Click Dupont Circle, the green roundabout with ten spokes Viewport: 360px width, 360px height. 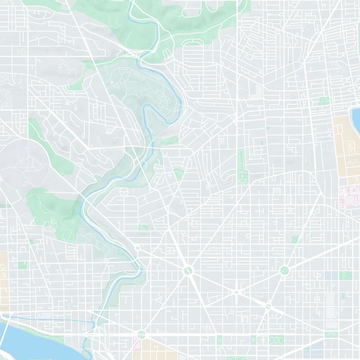pyautogui.click(x=188, y=270)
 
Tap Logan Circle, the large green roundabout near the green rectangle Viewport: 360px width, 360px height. pyautogui.click(x=284, y=270)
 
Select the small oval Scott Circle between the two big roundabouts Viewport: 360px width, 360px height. pyautogui.click(x=236, y=293)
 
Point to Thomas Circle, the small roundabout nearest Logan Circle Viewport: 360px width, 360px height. pyautogui.click(x=268, y=306)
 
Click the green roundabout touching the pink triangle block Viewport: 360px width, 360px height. pyautogui.click(x=142, y=334)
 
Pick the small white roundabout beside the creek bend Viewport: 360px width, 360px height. pyautogui.click(x=138, y=248)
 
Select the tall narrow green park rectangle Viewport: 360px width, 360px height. pyautogui.click(x=241, y=166)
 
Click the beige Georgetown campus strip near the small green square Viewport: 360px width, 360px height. pyautogui.click(x=4, y=279)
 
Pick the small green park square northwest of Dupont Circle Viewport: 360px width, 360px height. pyautogui.click(x=144, y=227)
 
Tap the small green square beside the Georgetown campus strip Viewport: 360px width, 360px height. pyautogui.click(x=22, y=265)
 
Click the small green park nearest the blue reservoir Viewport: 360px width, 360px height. pyautogui.click(x=324, y=101)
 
